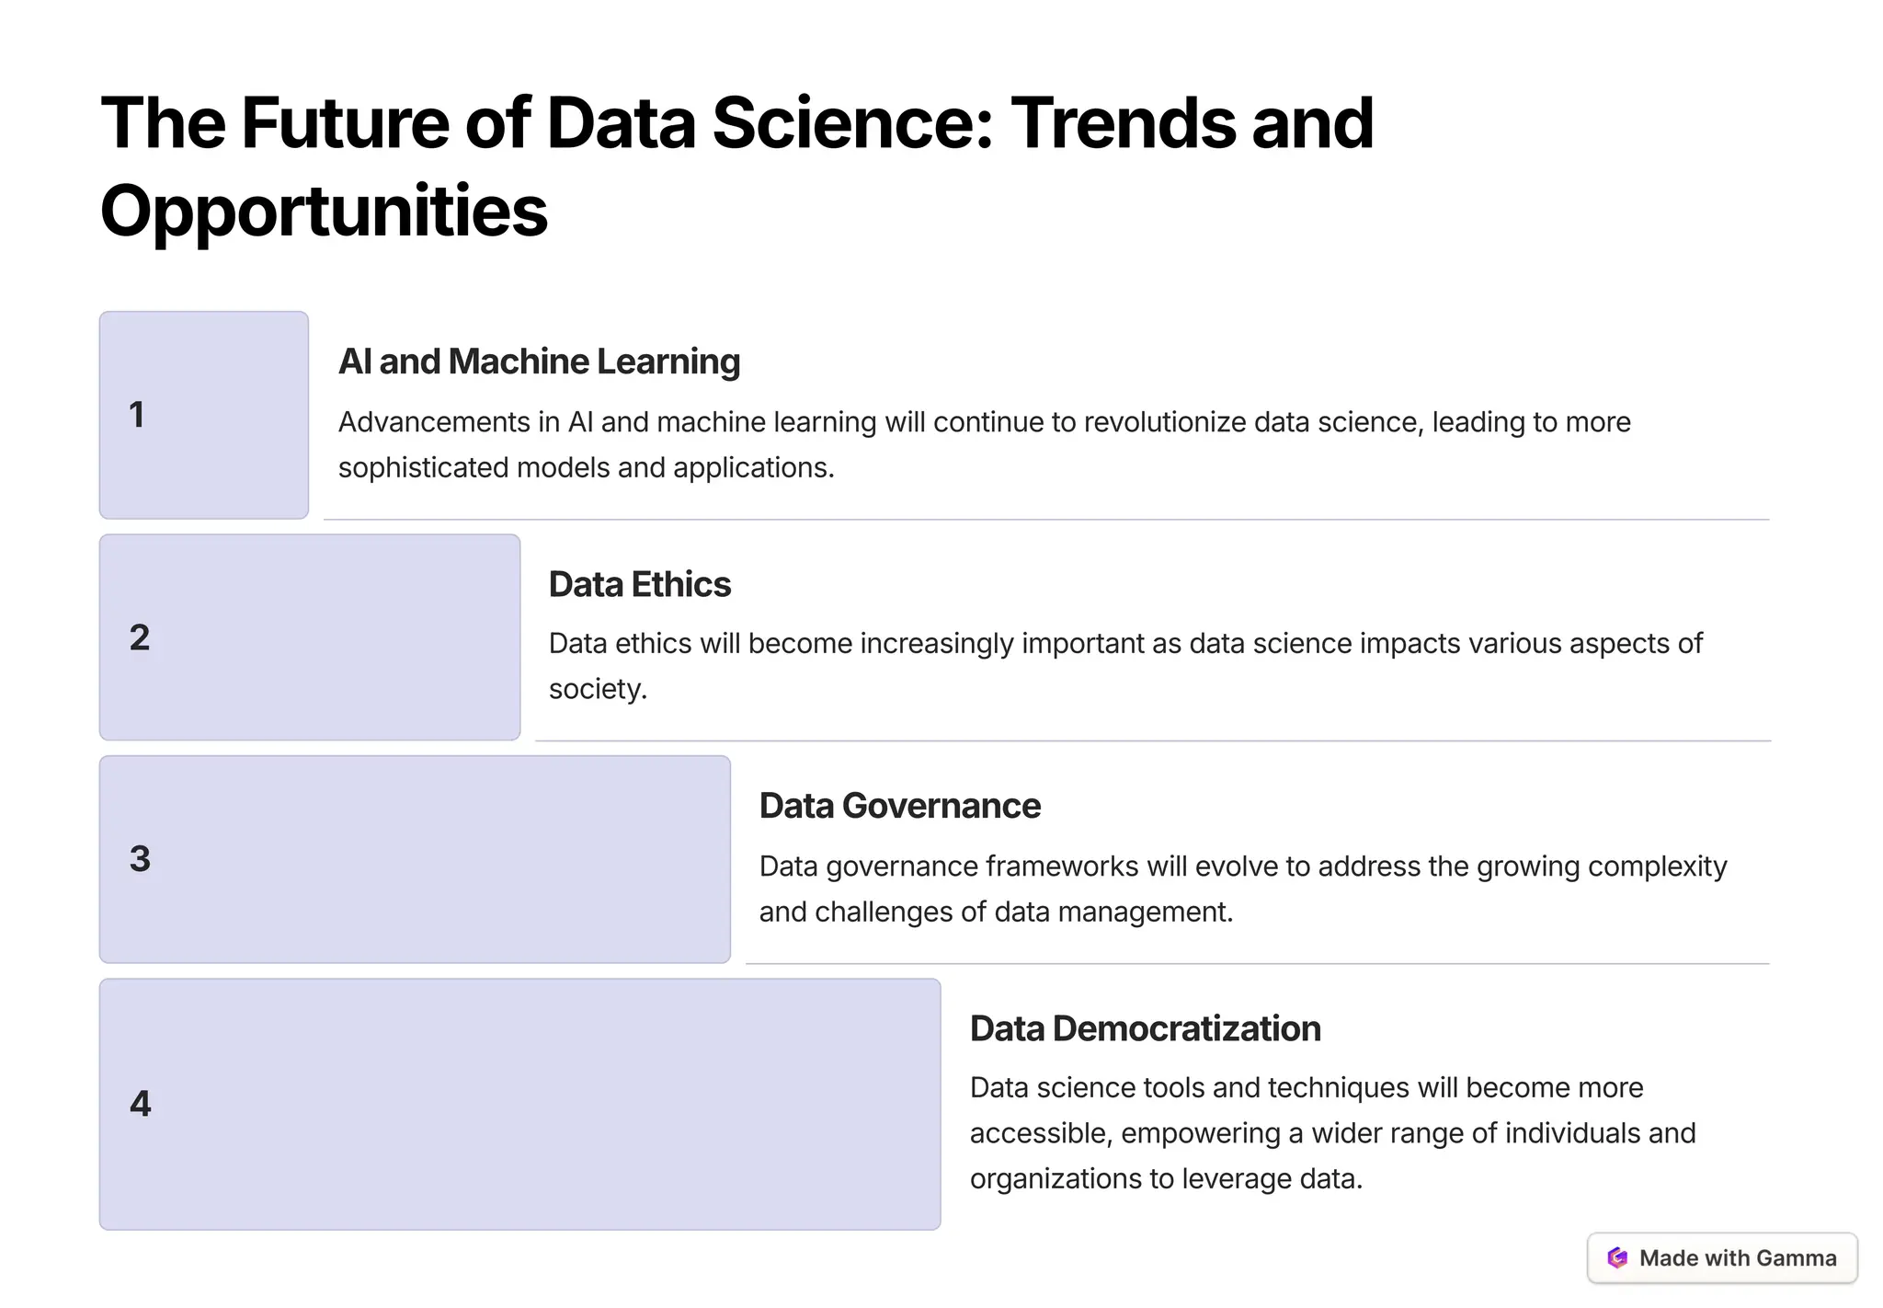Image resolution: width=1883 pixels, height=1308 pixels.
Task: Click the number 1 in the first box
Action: (137, 415)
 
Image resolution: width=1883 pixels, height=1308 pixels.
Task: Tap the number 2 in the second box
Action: (140, 637)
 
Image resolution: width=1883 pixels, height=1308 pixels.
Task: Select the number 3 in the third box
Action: (140, 859)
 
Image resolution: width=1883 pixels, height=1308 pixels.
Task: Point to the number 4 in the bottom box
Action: (140, 1103)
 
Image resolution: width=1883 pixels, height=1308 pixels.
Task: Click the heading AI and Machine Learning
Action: (539, 361)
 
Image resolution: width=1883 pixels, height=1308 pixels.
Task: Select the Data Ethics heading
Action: (639, 584)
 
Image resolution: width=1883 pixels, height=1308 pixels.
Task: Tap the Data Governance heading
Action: (899, 806)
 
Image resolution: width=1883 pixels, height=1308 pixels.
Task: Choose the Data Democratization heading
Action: (1145, 1028)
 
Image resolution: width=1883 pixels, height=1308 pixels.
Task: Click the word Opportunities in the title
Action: (324, 211)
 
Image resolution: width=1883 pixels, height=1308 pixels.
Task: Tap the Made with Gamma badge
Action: (1721, 1257)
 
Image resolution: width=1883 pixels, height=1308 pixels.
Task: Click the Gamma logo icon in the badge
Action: (1617, 1257)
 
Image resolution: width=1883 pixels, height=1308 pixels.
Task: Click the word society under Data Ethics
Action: (597, 689)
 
